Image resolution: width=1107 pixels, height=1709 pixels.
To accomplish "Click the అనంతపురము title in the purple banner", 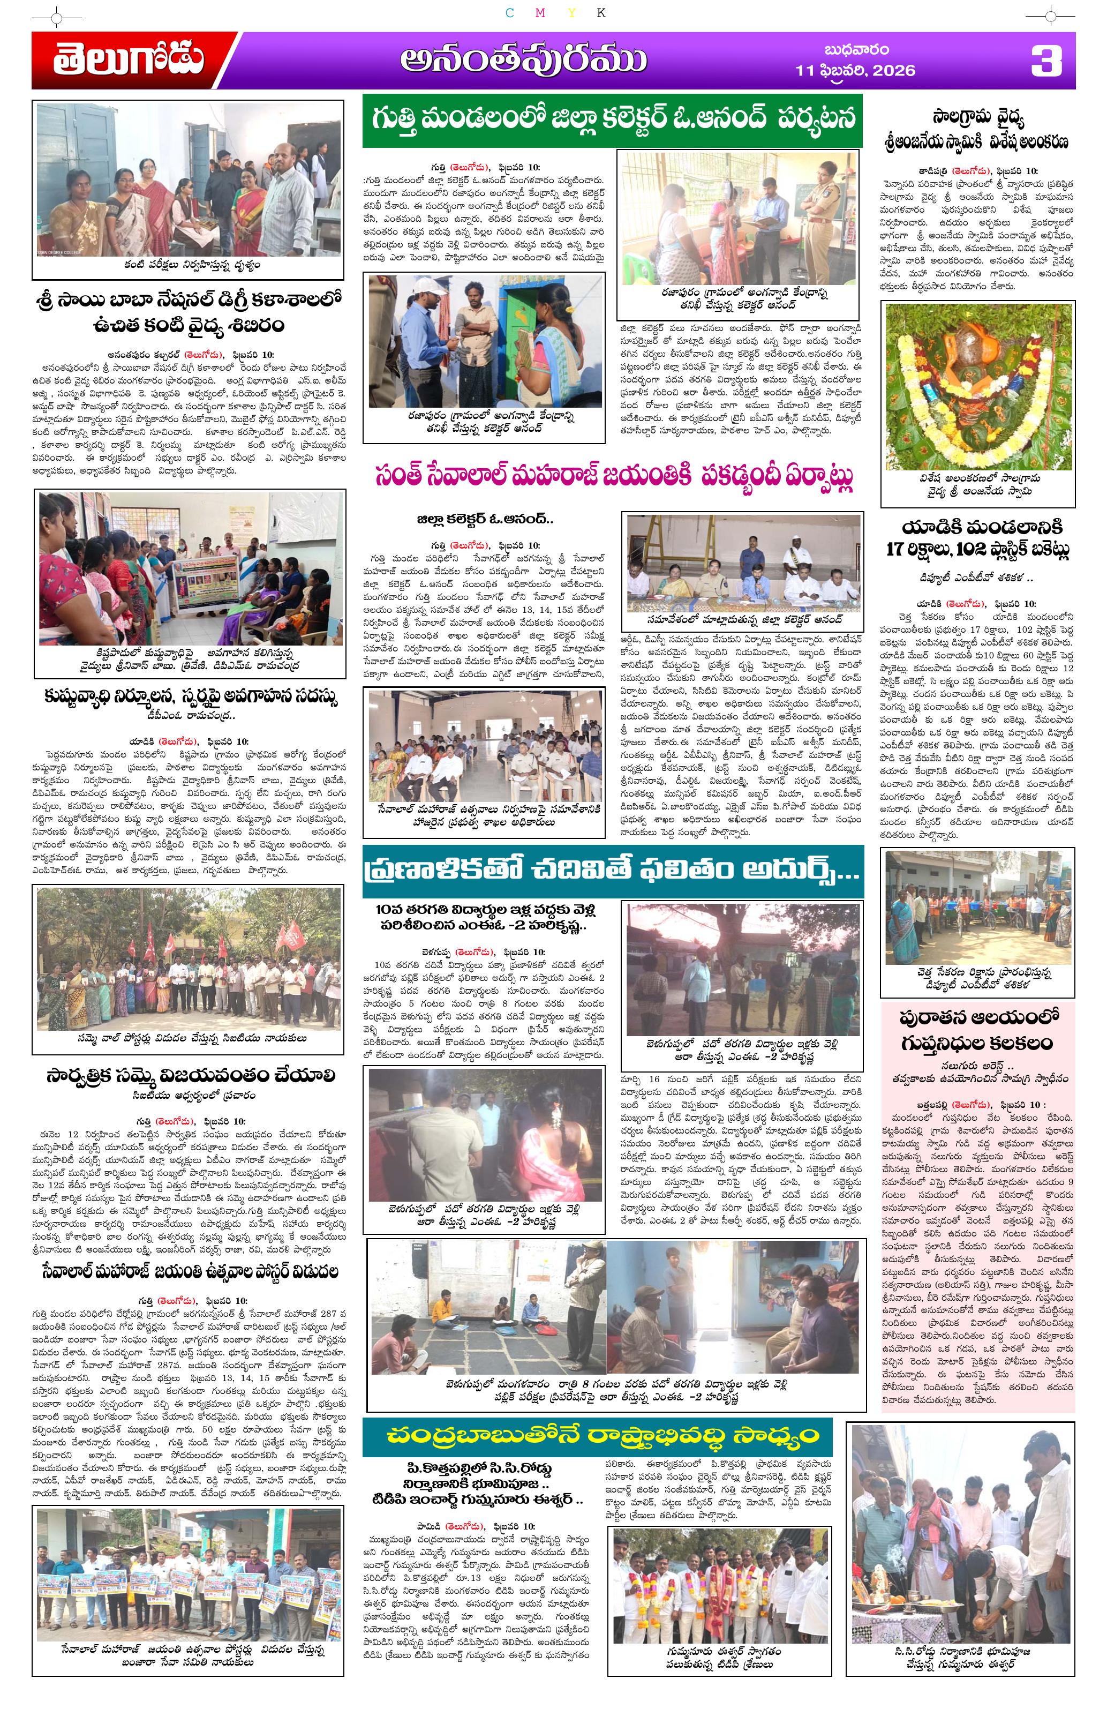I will click(523, 61).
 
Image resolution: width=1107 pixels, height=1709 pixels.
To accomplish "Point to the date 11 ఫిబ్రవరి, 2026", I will click(856, 70).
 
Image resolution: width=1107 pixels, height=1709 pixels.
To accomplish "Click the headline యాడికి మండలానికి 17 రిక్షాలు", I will click(977, 537).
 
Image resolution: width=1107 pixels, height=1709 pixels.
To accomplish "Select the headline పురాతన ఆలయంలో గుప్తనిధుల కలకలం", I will click(977, 1029).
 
